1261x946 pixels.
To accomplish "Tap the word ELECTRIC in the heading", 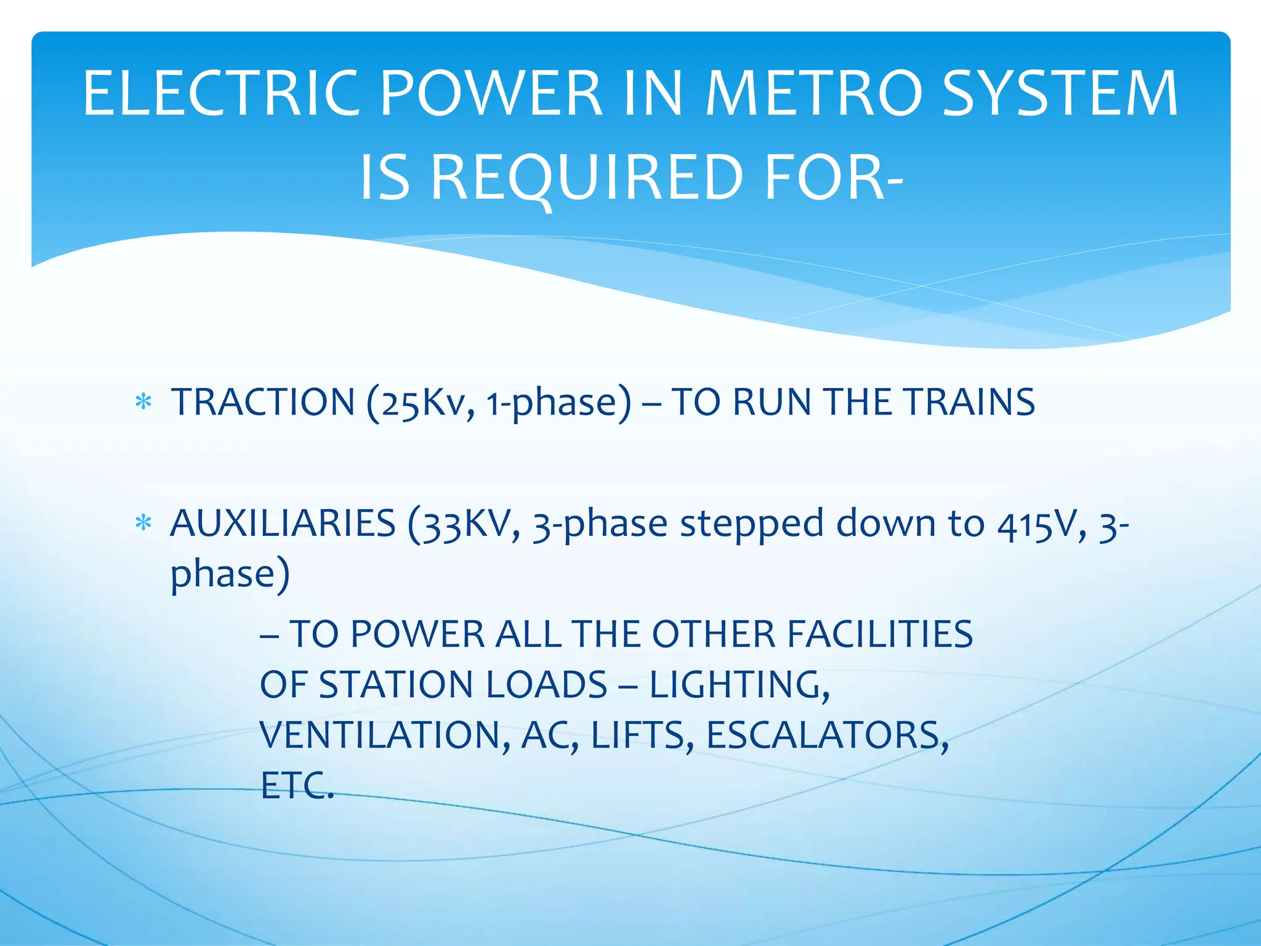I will (221, 94).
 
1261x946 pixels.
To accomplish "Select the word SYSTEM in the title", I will (1060, 94).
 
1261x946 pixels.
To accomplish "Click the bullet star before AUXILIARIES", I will (143, 524).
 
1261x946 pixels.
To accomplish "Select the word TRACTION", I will (263, 402).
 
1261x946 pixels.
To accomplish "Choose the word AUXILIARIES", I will (283, 524).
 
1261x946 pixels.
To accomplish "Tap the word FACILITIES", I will (880, 634).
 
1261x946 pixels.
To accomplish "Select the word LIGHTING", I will (739, 685).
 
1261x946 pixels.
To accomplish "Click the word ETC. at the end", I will (297, 786).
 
